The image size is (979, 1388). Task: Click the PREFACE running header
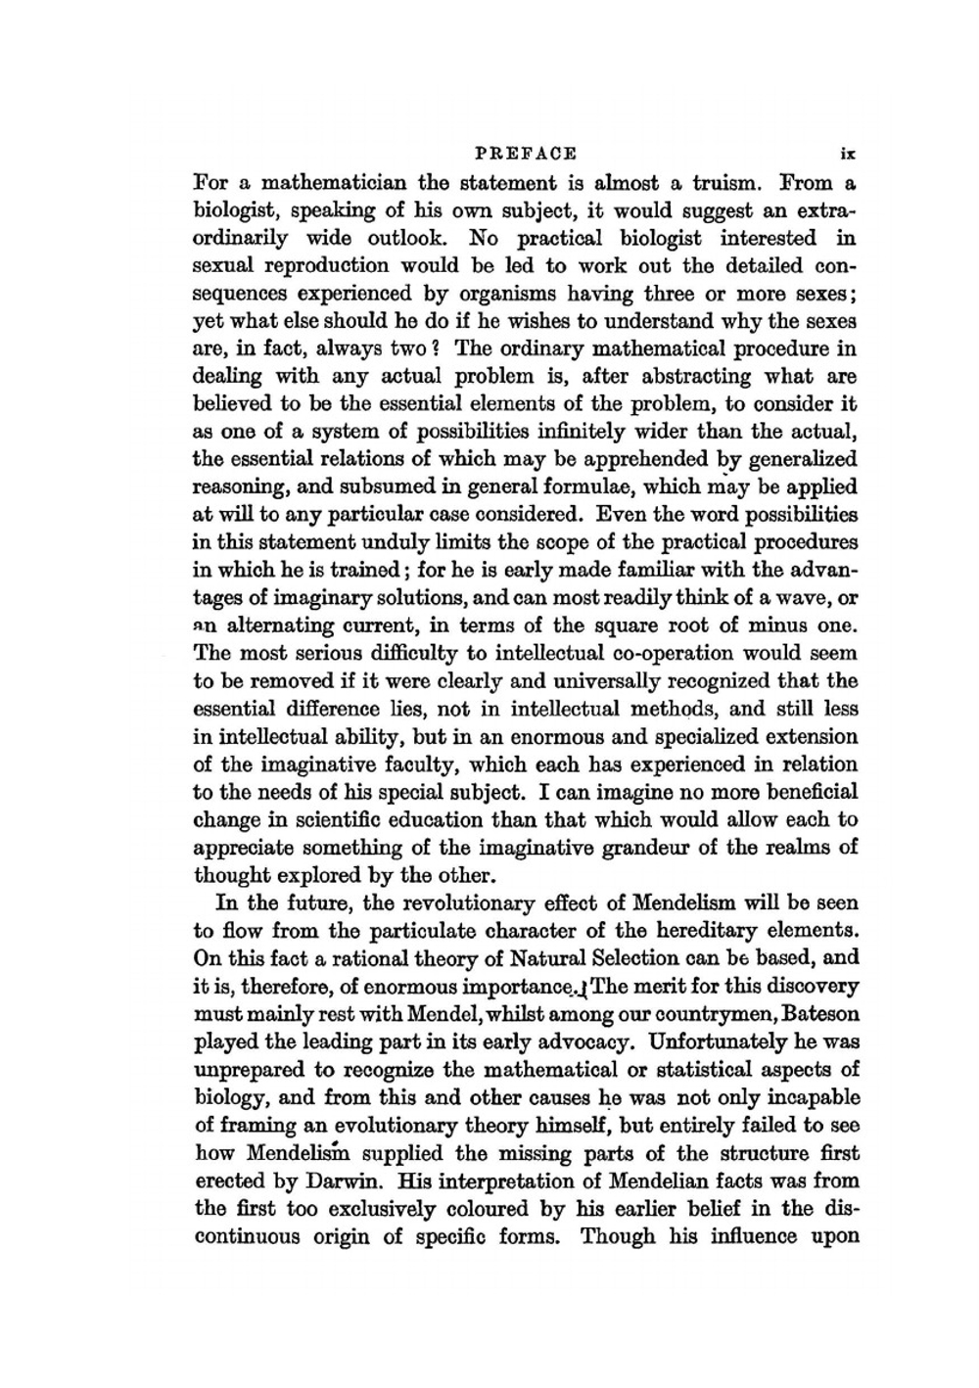(525, 154)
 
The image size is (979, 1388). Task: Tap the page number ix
(848, 154)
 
